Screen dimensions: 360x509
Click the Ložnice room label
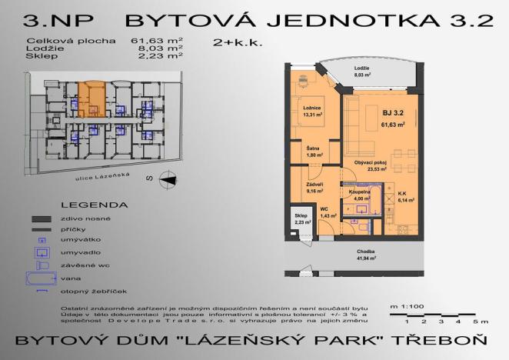[x=311, y=109]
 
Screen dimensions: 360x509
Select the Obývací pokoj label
[x=370, y=163]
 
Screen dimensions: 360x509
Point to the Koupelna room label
[x=361, y=191]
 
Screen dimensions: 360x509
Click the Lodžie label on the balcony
[x=362, y=70]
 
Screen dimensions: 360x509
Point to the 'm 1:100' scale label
[x=407, y=305]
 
